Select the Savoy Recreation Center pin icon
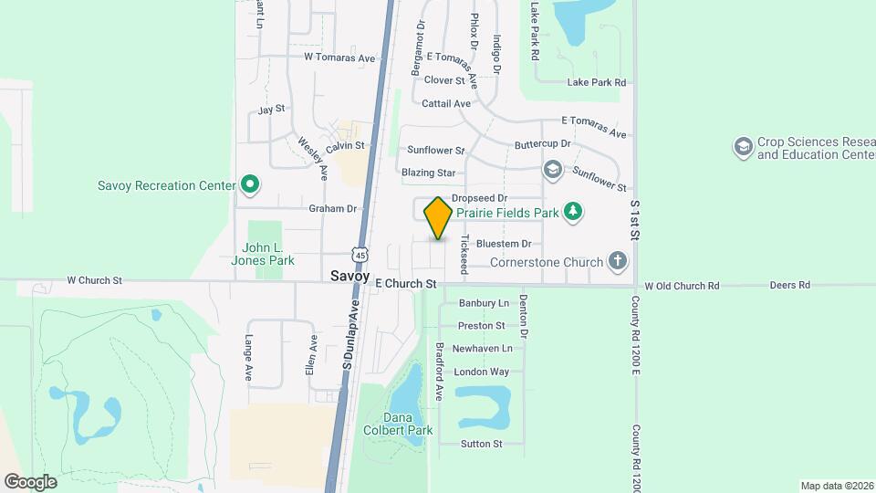[249, 185]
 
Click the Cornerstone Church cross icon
[618, 263]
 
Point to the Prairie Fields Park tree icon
[572, 212]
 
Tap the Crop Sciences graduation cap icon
[743, 146]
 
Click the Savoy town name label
[350, 276]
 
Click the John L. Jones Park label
[268, 253]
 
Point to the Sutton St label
[481, 444]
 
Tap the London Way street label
[481, 372]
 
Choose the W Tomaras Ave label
[339, 58]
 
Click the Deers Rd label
[789, 285]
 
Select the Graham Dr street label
[332, 208]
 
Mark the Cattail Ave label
[446, 103]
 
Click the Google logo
[30, 481]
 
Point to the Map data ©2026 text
[837, 485]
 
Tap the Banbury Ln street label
[483, 302]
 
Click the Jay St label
[272, 110]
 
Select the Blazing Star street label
[428, 172]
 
